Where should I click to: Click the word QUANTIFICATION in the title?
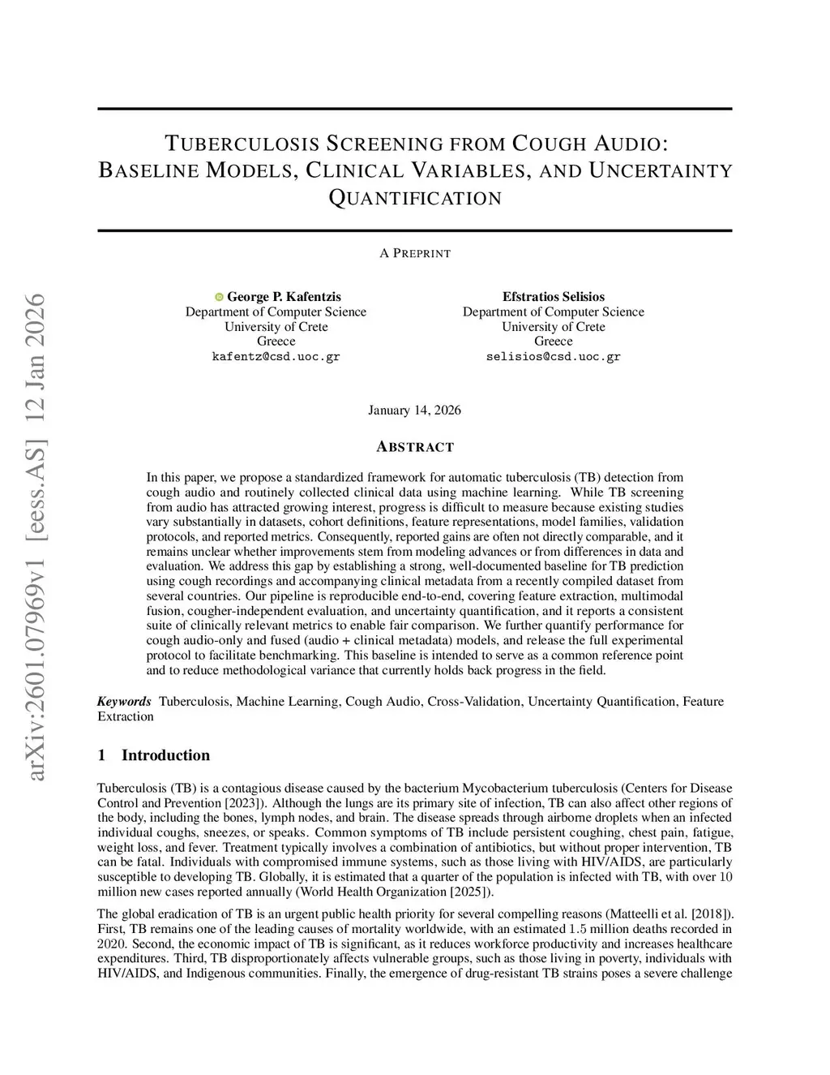click(415, 198)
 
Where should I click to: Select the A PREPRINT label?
click(415, 253)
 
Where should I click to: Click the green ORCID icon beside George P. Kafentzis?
click(219, 297)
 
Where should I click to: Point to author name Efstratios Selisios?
click(554, 297)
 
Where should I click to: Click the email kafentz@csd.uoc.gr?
click(276, 357)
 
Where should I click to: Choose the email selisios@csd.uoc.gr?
click(554, 357)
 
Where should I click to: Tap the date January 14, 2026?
click(414, 410)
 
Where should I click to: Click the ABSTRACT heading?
click(415, 447)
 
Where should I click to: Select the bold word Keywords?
click(124, 701)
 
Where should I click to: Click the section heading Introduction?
click(165, 755)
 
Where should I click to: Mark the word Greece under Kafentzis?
click(276, 342)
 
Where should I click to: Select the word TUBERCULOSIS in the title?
click(242, 144)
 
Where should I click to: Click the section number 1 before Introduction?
click(101, 755)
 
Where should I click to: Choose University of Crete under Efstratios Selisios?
click(554, 327)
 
